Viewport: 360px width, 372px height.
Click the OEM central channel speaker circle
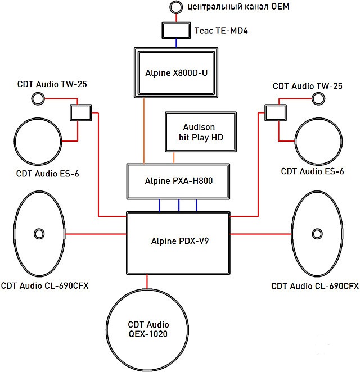(176, 7)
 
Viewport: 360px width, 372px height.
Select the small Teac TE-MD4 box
(177, 30)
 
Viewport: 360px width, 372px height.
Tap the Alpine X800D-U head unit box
(177, 72)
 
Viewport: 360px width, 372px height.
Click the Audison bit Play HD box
(200, 132)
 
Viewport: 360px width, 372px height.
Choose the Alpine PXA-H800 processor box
(178, 182)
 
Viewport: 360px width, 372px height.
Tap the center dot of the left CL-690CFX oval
(39, 233)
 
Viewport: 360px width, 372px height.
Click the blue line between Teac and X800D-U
(177, 43)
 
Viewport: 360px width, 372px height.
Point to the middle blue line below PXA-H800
(178, 206)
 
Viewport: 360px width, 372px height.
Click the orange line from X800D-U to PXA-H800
(145, 129)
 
